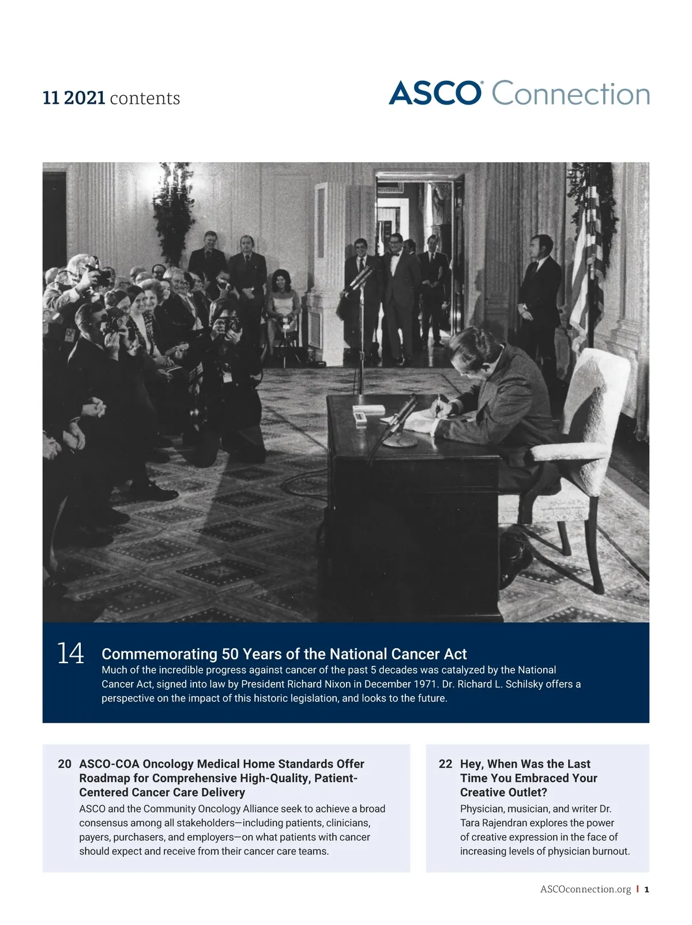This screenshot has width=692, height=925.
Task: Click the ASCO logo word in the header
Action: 435,93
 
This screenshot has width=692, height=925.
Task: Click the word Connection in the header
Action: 571,94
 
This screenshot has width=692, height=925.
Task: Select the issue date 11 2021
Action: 74,98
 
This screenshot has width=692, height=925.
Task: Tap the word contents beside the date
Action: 145,99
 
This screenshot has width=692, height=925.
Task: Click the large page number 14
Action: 70,654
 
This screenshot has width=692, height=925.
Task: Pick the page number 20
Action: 65,764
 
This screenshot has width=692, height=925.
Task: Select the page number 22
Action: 445,764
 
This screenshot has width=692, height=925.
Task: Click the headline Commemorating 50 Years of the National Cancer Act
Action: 284,654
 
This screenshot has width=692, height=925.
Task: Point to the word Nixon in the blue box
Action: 336,684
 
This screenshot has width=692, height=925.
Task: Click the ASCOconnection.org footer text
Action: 585,889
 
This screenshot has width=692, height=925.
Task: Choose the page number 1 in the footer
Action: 646,889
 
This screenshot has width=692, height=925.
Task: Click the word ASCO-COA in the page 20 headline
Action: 108,764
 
